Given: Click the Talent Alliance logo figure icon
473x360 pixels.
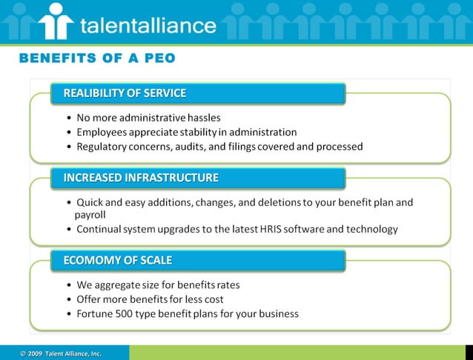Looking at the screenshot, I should coord(56,21).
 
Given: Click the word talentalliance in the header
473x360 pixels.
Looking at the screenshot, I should coord(148,26).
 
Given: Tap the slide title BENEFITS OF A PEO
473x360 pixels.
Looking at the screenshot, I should coord(97,58).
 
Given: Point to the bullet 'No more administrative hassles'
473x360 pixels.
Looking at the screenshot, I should coord(148,117).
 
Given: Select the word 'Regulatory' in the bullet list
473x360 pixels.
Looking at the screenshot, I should coord(104,147).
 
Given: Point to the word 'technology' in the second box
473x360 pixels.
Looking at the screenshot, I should coord(373,229).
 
